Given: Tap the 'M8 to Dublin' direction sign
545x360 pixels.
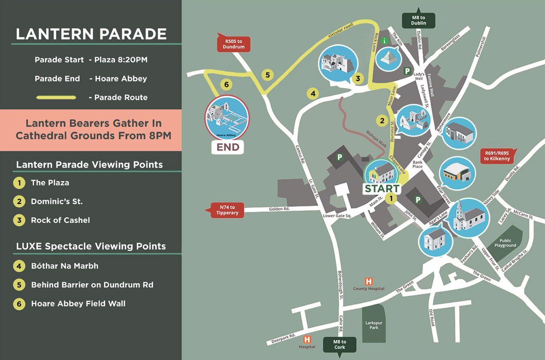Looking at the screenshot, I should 418,20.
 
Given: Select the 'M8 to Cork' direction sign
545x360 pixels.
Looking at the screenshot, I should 340,345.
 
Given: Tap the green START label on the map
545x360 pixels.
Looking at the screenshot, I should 382,189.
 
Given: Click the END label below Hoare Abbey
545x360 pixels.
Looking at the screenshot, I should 228,147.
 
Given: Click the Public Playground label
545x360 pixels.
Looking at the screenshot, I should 505,243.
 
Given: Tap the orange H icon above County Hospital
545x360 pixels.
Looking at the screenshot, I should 369,281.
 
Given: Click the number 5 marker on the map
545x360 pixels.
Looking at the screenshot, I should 267,75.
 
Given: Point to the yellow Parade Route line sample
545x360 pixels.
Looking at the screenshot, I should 56,97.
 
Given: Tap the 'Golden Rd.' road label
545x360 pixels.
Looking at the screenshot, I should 279,209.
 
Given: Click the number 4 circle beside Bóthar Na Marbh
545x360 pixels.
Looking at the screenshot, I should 19,266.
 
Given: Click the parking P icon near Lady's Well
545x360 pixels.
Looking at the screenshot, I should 407,71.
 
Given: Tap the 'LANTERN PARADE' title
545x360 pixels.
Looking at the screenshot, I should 91,34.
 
